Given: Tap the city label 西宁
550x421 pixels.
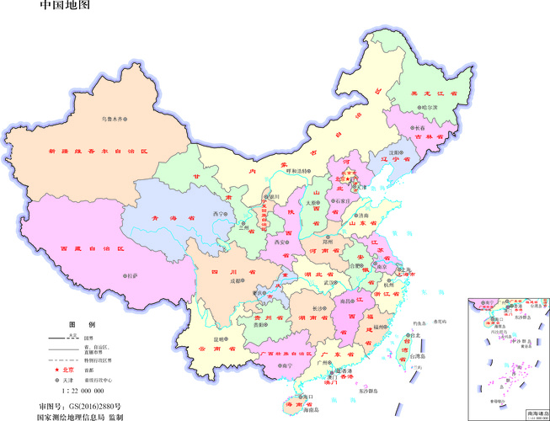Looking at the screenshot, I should (220, 214).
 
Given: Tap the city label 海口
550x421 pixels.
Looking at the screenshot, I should (308, 395).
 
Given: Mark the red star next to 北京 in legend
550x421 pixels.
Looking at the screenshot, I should (56, 370).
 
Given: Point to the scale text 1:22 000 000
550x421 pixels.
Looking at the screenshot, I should (82, 392).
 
